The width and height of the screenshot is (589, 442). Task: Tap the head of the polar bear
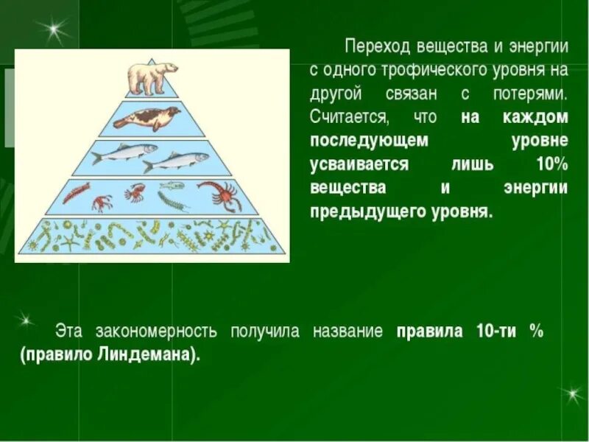(170, 68)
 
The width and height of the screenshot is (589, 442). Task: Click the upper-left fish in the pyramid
(124, 152)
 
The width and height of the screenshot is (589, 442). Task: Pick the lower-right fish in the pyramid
(174, 160)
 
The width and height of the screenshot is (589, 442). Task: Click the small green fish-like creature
(172, 186)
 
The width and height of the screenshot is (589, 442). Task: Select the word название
(348, 331)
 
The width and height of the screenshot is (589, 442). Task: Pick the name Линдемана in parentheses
(155, 354)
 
